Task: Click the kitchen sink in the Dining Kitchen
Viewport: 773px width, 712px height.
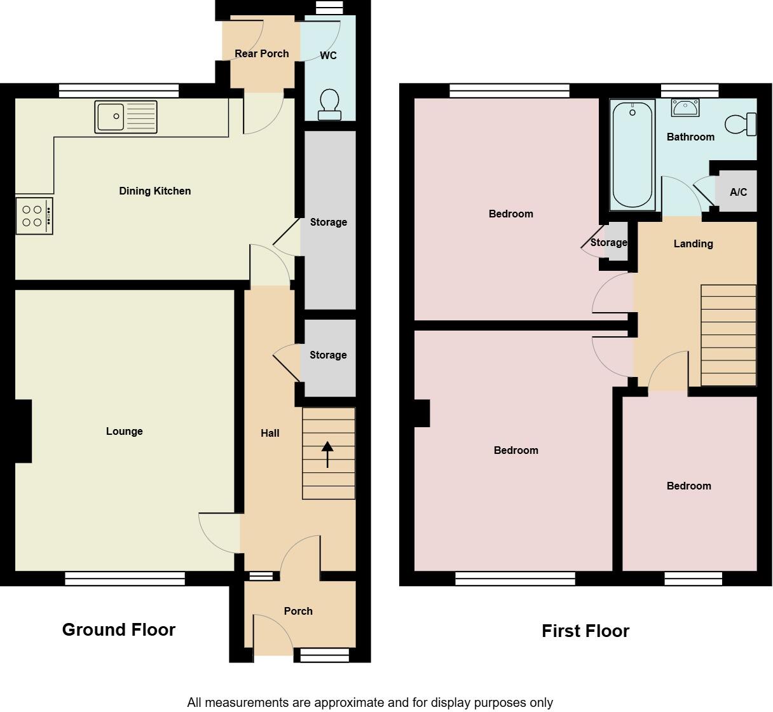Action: (126, 117)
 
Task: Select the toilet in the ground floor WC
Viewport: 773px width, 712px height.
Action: (329, 104)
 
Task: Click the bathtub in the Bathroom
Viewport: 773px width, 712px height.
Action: (632, 155)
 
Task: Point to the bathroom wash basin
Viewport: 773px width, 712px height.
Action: (685, 108)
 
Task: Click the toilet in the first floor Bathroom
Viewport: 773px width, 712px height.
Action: (741, 124)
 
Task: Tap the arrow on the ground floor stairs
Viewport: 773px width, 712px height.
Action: (327, 454)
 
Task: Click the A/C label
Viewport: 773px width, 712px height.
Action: (738, 192)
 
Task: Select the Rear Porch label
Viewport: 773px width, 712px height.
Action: (261, 53)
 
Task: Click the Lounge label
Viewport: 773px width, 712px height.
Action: (124, 431)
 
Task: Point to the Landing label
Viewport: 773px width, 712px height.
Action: (693, 243)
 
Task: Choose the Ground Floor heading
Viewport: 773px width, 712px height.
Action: (119, 629)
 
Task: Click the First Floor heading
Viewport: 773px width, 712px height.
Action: (585, 631)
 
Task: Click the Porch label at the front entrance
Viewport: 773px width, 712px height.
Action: (298, 611)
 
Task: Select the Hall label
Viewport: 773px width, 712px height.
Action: (270, 433)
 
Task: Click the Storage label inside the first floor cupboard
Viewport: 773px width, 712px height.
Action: (608, 242)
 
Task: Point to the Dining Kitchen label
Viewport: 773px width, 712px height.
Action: (154, 191)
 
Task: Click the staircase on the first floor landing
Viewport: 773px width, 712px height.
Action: (729, 335)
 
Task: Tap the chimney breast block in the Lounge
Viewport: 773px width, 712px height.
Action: (23, 431)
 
